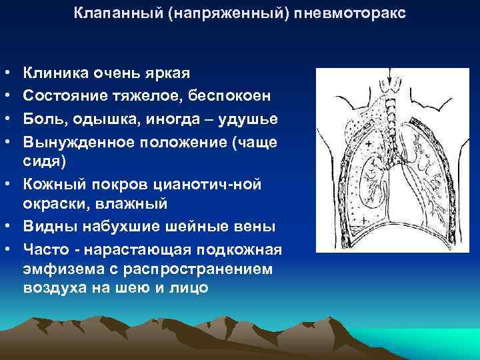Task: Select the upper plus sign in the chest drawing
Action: pos(369,143)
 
